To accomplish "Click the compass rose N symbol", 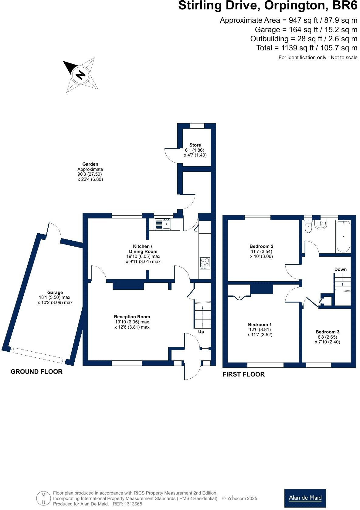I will point(80,75).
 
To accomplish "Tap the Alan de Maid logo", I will point(305,498).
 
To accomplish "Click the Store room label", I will point(195,145).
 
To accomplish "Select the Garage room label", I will point(55,292).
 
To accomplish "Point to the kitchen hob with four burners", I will point(205,263).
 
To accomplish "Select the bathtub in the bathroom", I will point(343,237).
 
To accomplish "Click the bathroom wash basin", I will point(321,225).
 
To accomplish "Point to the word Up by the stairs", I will point(201,332).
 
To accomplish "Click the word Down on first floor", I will point(340,269).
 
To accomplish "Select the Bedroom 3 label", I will point(327,332).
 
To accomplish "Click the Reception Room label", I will point(132,317).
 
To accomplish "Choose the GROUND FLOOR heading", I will point(36,372).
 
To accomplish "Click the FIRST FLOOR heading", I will point(243,374).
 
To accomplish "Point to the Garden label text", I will point(90,164).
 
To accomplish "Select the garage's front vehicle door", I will point(38,355).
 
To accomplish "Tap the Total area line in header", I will point(307,48).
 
